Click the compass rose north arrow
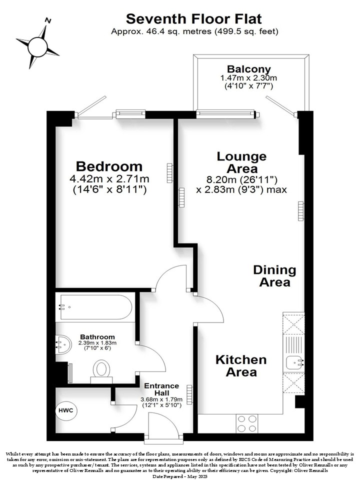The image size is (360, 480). pyautogui.click(x=38, y=46)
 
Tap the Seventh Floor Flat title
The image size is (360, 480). pyautogui.click(x=194, y=19)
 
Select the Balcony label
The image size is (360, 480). pyautogui.click(x=249, y=69)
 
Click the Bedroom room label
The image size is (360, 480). pyautogui.click(x=109, y=166)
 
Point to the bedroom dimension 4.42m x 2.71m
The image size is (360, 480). pyautogui.click(x=109, y=178)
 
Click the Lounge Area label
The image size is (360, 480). pyautogui.click(x=241, y=162)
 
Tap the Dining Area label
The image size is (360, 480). pyautogui.click(x=274, y=276)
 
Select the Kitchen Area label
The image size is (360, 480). pyautogui.click(x=241, y=366)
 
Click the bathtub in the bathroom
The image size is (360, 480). pyautogui.click(x=96, y=307)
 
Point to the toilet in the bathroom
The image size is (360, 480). pyautogui.click(x=101, y=371)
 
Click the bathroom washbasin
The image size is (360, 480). pyautogui.click(x=63, y=345)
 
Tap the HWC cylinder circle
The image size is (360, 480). pyautogui.click(x=66, y=410)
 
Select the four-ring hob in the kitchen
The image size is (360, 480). pyautogui.click(x=246, y=423)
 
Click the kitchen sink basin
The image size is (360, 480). pyautogui.click(x=293, y=363)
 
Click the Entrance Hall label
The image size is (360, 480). pyautogui.click(x=161, y=389)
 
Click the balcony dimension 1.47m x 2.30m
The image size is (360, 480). pyautogui.click(x=248, y=78)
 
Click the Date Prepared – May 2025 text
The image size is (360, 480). pyautogui.click(x=180, y=476)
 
